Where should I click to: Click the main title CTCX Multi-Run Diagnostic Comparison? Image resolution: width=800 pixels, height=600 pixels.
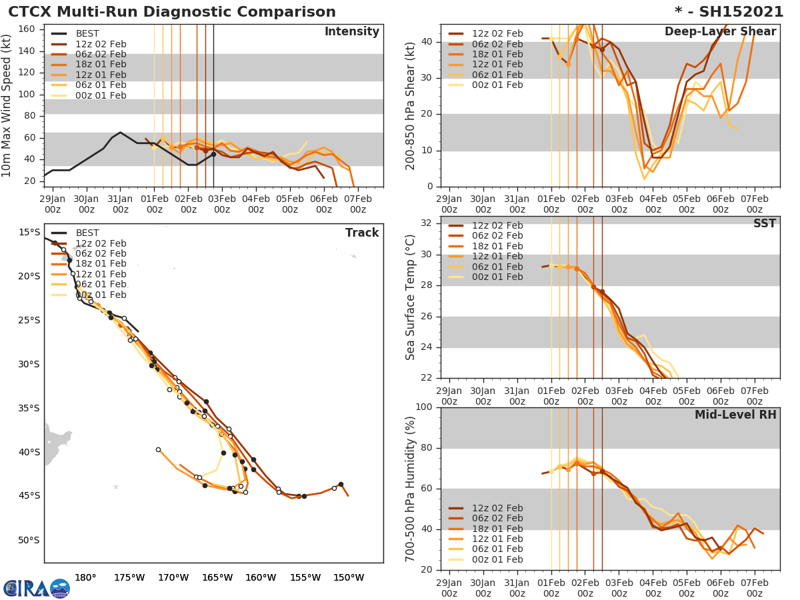[172, 12]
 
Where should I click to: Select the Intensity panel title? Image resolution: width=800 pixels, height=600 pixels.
[351, 32]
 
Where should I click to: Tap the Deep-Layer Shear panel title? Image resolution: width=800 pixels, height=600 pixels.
[720, 32]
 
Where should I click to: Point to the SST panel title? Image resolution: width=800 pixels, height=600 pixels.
[764, 224]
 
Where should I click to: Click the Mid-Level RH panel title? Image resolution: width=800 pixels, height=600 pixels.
[735, 415]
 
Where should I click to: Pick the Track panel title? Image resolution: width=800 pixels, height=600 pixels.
[362, 233]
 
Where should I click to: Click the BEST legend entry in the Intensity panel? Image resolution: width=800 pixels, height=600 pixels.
[87, 33]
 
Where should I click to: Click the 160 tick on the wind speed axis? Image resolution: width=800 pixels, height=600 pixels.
[27, 29]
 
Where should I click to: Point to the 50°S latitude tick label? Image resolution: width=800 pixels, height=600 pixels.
[28, 540]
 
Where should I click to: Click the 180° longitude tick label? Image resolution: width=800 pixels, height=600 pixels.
[85, 577]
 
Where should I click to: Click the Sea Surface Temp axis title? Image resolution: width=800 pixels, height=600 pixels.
[411, 297]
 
